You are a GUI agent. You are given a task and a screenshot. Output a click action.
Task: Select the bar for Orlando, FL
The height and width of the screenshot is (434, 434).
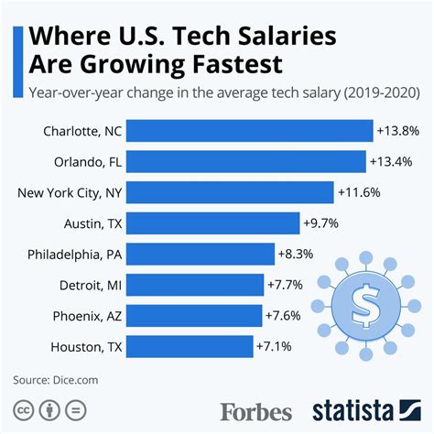(x=248, y=161)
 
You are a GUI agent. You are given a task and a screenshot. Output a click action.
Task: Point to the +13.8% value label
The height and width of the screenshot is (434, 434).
(x=397, y=131)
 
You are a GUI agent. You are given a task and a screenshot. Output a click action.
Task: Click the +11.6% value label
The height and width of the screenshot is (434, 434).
(x=359, y=192)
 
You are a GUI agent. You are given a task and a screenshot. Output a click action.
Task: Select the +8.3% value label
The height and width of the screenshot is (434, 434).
(x=298, y=254)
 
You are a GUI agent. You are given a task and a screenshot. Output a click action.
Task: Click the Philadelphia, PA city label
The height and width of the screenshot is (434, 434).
(x=74, y=254)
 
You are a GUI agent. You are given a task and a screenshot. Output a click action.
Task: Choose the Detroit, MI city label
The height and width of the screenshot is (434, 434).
(x=88, y=285)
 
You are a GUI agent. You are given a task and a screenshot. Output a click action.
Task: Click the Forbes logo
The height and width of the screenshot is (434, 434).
(x=255, y=410)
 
